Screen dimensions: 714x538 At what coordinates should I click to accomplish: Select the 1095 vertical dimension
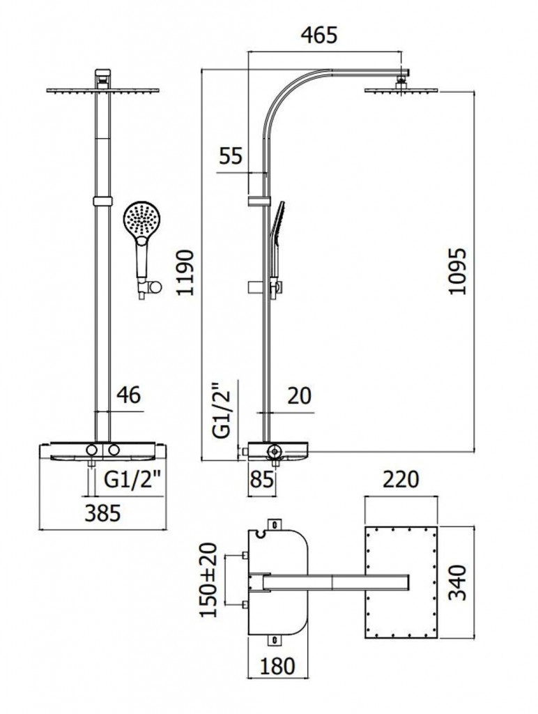pos(457,271)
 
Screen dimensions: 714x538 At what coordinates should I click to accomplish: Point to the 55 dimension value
pos(230,155)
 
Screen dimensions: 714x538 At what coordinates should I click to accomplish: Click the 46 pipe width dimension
pos(128,395)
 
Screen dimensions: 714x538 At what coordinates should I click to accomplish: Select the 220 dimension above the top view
pos(401,480)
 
